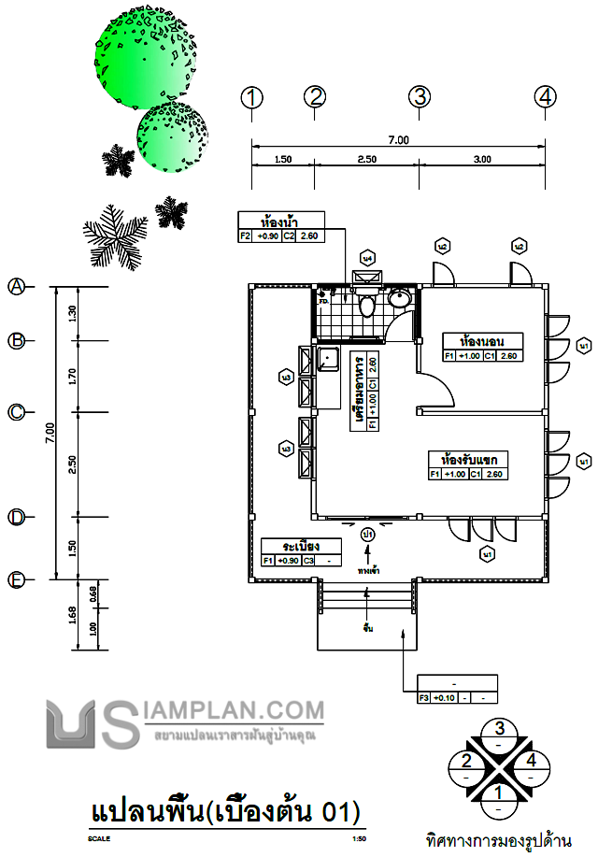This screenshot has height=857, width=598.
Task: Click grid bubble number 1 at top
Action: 250,96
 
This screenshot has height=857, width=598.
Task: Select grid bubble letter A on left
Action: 16,287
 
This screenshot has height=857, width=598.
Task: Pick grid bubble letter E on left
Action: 16,580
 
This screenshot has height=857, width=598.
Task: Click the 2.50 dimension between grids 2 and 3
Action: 366,160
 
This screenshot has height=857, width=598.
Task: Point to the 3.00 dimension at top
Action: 482,160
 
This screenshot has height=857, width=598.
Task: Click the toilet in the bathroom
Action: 368,305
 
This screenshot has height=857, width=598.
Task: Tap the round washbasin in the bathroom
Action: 399,299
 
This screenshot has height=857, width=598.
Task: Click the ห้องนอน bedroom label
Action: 482,339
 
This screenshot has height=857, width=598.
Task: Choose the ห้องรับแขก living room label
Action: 474,460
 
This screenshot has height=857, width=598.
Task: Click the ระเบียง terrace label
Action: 292,546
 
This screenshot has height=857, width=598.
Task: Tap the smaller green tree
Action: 173,136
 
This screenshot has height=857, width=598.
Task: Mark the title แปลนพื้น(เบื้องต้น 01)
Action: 224,808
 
